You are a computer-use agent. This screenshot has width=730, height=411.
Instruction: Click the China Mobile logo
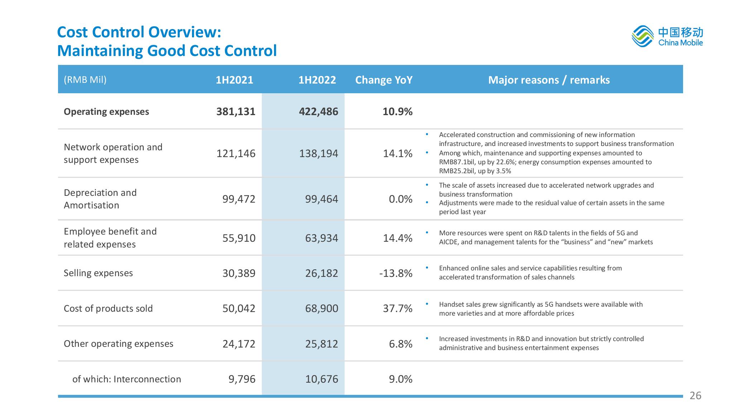point(667,36)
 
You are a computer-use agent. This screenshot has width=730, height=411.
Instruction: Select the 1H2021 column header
point(234,80)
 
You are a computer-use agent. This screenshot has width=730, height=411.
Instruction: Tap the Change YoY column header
point(384,80)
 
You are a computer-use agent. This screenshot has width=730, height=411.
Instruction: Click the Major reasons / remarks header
point(549,80)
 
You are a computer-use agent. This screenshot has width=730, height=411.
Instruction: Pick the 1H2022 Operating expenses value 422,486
point(318,112)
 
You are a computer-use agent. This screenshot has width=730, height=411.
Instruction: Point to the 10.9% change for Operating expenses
point(398,112)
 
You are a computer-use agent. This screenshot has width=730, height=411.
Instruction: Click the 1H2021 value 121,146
point(236,153)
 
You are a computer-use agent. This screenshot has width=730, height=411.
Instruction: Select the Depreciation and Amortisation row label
point(100,199)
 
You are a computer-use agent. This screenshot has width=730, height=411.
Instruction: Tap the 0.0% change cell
point(401,199)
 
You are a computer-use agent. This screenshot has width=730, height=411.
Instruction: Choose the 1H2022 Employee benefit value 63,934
point(322,238)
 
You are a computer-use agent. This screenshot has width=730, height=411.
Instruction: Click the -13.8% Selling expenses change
point(396,273)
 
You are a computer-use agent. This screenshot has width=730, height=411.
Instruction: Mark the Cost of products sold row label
point(108,308)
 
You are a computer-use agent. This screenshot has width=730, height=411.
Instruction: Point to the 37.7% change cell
point(398,308)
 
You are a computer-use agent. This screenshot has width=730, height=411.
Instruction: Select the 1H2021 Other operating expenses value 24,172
point(239,344)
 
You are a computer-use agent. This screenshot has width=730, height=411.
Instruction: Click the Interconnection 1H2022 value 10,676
point(322,379)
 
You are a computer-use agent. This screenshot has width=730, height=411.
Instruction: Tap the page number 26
point(695,396)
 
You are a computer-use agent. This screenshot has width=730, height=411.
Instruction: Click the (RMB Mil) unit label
point(85,80)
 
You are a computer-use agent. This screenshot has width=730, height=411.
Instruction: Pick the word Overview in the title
point(183,32)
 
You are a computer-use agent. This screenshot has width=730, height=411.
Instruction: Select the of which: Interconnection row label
point(126,379)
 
